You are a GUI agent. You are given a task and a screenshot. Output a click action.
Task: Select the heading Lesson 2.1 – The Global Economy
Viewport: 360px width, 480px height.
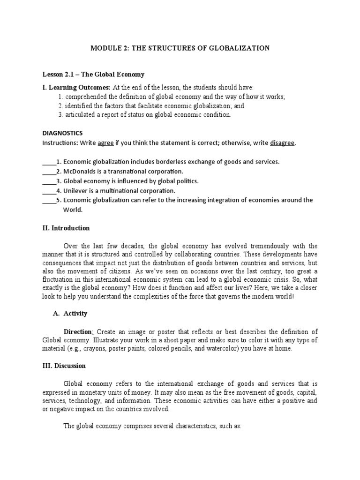[94, 75]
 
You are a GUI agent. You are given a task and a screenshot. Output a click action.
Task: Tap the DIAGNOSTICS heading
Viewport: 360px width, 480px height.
[62, 133]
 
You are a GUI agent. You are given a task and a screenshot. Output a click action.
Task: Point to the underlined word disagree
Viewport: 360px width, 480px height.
[283, 142]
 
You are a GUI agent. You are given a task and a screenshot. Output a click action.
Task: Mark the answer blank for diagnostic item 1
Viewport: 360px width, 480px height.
[49, 162]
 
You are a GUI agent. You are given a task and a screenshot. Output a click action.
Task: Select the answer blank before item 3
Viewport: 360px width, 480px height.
[49, 181]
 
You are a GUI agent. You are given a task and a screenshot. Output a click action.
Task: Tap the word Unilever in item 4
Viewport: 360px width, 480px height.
[76, 191]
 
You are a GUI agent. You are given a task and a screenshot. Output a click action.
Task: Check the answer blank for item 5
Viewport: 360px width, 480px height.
[49, 200]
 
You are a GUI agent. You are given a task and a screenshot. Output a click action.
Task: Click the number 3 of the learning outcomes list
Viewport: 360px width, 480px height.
[60, 115]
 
